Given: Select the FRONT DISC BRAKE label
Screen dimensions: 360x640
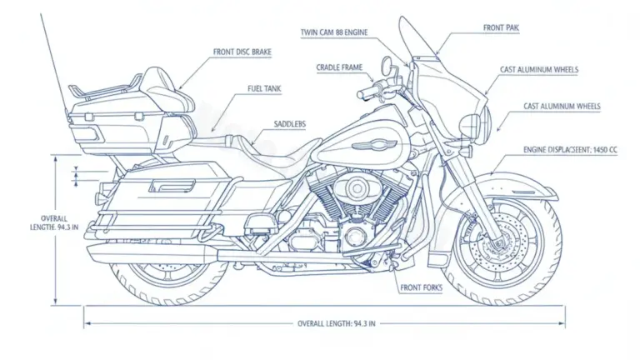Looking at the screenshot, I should coord(242,52).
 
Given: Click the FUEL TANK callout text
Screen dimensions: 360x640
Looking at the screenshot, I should coord(265,87).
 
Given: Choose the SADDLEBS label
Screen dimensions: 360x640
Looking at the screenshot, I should coord(289,123).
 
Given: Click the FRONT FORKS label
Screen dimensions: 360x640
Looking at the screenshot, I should coord(421,288).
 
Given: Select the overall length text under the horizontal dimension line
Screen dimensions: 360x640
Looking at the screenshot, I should coord(337,323).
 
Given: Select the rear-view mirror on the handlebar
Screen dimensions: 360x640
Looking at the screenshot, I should coord(387,65).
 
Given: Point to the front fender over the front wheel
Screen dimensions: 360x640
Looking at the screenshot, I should coord(508,186).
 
